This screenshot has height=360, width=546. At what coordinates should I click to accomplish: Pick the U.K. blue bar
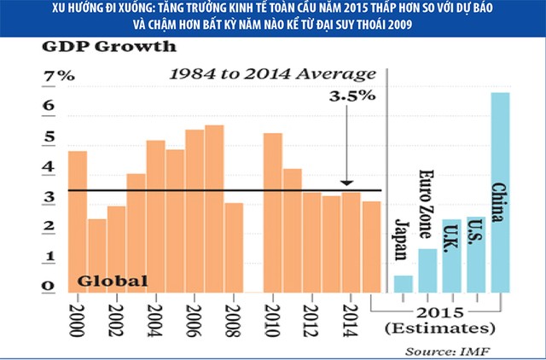pyautogui.click(x=451, y=256)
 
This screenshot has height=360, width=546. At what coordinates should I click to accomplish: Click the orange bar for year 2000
pyautogui.click(x=78, y=222)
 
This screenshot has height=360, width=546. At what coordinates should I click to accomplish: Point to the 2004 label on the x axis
pyautogui.click(x=155, y=318)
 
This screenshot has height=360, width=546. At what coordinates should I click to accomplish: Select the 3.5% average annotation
pyautogui.click(x=352, y=96)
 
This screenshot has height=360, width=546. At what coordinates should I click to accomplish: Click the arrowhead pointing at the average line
pyautogui.click(x=346, y=183)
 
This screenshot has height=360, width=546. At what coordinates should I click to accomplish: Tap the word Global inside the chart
pyautogui.click(x=113, y=281)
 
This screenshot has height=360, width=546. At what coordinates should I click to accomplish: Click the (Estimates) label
pyautogui.click(x=439, y=328)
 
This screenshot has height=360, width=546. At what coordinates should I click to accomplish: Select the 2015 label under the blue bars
pyautogui.click(x=439, y=310)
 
